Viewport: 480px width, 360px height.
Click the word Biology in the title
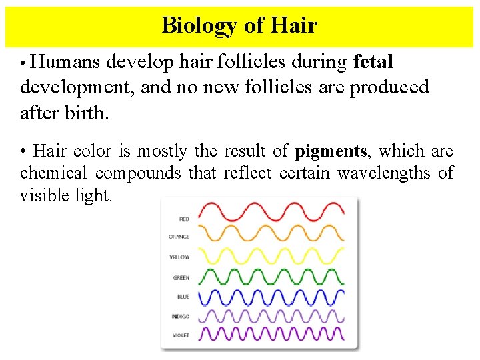(199, 25)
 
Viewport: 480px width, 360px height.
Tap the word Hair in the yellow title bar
(294, 25)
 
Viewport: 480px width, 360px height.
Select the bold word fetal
(373, 62)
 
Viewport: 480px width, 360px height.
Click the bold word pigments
(331, 152)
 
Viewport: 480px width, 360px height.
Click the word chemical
(54, 173)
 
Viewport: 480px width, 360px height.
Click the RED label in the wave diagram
(183, 219)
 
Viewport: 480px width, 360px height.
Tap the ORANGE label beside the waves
(179, 237)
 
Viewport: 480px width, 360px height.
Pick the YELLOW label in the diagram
(179, 257)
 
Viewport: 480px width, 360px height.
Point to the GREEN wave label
(181, 278)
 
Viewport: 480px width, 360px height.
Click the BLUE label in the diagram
(183, 297)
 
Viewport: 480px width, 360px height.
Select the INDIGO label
(180, 316)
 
